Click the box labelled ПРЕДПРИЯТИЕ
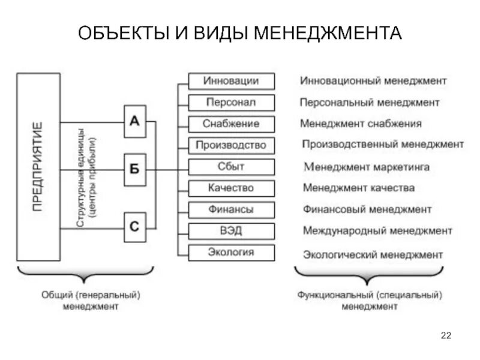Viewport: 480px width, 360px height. (38, 167)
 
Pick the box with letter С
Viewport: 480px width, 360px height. (135, 227)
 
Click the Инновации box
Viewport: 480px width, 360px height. (232, 81)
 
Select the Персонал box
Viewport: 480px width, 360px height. (232, 103)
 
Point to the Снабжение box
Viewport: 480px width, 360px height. (232, 124)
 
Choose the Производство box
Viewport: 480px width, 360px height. (232, 145)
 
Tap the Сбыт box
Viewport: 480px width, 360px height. (232, 166)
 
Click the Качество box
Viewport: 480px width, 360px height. (232, 188)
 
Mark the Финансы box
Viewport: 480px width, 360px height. (232, 209)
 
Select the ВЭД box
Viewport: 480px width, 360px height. (232, 230)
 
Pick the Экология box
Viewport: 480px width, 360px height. (232, 252)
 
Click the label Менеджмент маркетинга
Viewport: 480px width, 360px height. (367, 167)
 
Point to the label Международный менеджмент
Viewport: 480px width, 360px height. (377, 230)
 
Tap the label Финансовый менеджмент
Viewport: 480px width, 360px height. (367, 209)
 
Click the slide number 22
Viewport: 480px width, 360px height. (445, 335)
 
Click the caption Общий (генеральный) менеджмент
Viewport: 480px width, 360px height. (91, 301)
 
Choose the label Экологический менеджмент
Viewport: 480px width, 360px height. (373, 254)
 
